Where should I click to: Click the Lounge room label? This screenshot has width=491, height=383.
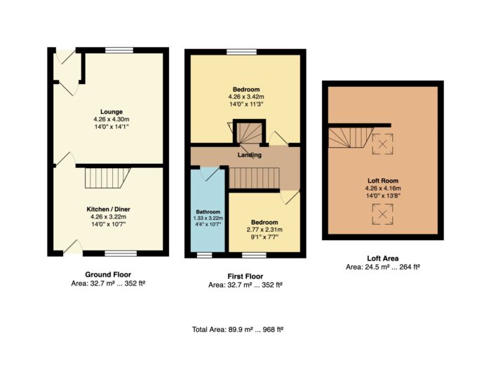coord(112,111)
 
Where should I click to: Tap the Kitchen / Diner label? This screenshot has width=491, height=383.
coord(108,209)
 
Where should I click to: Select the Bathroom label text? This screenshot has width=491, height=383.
coord(208,211)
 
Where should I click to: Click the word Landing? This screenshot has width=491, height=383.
coord(250,155)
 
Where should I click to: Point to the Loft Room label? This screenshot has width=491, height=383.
coord(383,181)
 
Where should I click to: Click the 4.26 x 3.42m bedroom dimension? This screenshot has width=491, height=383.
coord(246,97)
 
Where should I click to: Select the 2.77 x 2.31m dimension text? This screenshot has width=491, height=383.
coord(264,230)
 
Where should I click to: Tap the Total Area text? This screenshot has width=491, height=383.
coord(238,330)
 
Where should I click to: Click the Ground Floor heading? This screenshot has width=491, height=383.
coord(108,274)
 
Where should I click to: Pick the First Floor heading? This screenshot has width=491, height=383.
coord(245,277)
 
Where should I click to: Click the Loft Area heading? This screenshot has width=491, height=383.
coord(383,258)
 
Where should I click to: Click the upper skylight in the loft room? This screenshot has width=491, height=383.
coord(382,144)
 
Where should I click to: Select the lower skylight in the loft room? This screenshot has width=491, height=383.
coord(382,214)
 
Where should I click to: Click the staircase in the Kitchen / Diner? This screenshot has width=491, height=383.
coord(107,179)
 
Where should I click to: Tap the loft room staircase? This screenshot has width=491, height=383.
coord(351,137)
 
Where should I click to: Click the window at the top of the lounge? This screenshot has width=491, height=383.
coord(119,50)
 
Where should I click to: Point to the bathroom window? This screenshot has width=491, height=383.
coord(205,255)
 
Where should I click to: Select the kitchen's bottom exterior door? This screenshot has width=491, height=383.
coord(73,248)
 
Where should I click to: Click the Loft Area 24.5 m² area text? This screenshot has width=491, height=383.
coord(383,267)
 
